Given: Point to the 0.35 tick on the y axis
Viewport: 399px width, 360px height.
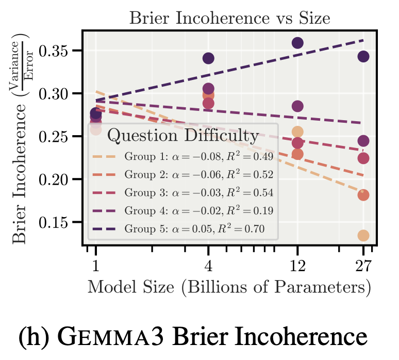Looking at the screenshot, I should pyautogui.click(x=59, y=51).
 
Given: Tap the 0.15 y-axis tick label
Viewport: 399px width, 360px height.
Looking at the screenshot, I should pyautogui.click(x=59, y=222).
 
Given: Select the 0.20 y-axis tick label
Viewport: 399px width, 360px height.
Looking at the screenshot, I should pyautogui.click(x=59, y=179).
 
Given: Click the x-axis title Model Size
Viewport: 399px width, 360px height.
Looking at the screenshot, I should pyautogui.click(x=229, y=287).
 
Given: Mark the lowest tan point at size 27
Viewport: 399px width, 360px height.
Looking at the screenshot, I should pyautogui.click(x=363, y=235).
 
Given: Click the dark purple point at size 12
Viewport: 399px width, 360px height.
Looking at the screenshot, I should pyautogui.click(x=297, y=43).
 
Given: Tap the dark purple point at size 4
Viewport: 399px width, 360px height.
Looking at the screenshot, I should pyautogui.click(x=208, y=58).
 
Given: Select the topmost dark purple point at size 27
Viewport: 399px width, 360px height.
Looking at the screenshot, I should pyautogui.click(x=363, y=56).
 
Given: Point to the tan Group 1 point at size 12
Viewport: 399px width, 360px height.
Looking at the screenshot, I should pyautogui.click(x=297, y=132).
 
